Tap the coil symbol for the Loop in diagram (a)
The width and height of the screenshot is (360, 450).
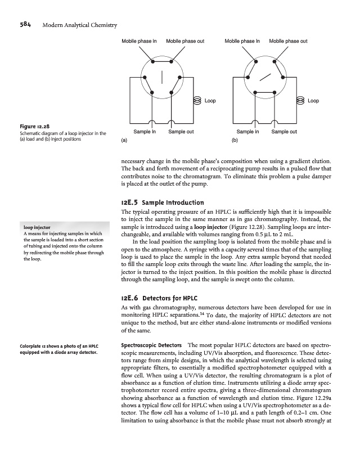click(197, 101)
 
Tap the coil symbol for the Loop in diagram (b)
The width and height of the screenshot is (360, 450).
click(300, 101)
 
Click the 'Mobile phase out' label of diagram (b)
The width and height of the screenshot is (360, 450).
click(288, 41)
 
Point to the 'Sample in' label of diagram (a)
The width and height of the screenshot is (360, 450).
click(145, 131)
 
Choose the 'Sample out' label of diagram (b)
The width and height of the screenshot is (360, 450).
click(284, 131)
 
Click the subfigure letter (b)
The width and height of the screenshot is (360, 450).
click(227, 138)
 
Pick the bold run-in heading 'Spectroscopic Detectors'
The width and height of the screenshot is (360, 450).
click(151, 344)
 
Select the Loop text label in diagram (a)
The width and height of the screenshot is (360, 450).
click(210, 101)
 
